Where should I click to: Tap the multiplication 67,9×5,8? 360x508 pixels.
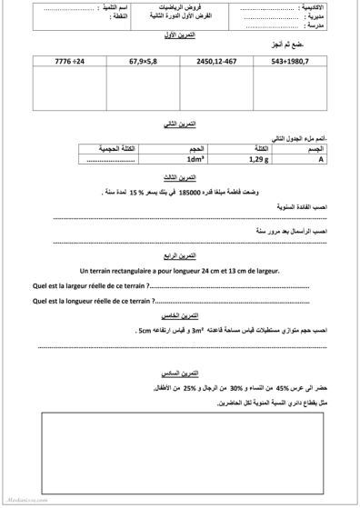coord(133,62)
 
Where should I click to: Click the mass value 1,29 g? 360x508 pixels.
coord(236,157)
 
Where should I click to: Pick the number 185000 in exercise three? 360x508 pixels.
coord(197,193)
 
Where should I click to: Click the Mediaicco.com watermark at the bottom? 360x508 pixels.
coord(18,500)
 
